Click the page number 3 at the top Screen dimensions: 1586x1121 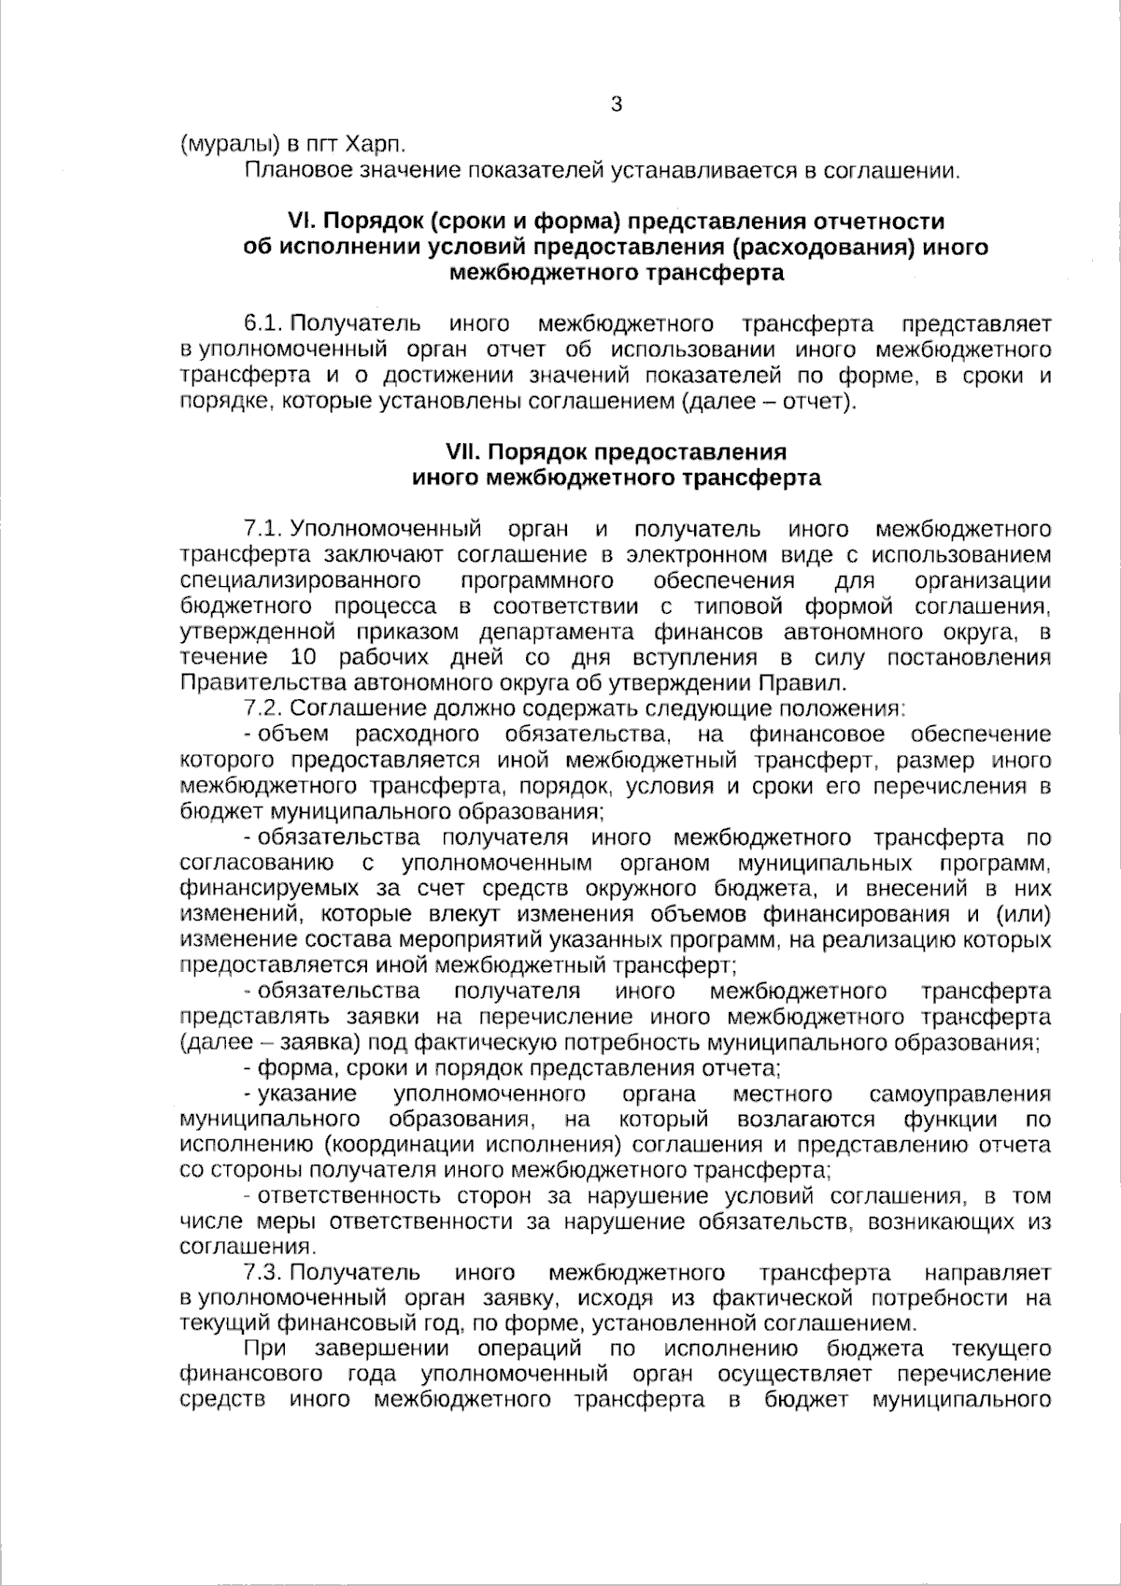(x=616, y=105)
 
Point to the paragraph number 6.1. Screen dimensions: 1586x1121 (x=263, y=324)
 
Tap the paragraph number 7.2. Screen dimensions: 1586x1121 (x=263, y=708)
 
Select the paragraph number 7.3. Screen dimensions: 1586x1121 (x=263, y=1273)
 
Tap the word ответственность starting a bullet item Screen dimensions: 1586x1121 (x=348, y=1196)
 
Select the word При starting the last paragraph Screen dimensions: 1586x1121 (x=264, y=1350)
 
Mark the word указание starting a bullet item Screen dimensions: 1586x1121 (x=306, y=1094)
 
